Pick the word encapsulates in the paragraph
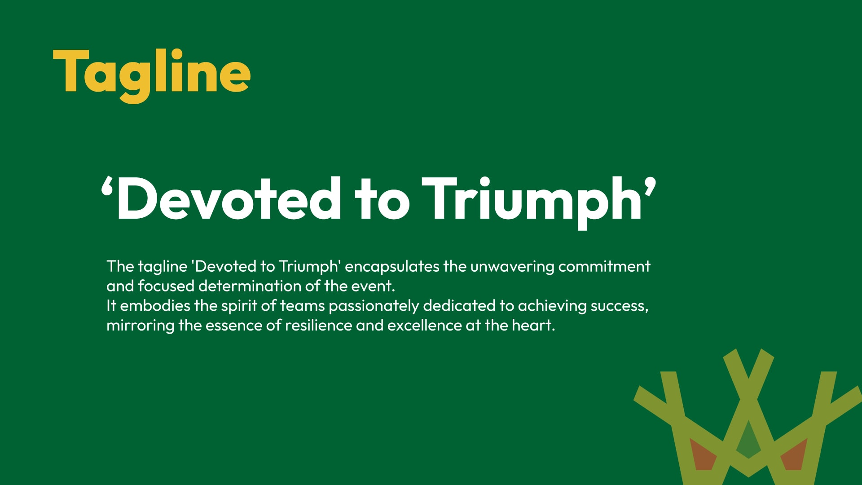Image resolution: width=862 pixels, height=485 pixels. (x=392, y=267)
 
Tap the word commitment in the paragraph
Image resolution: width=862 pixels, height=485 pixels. (x=604, y=266)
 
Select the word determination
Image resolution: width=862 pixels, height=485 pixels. (x=250, y=286)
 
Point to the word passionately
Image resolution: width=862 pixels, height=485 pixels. (x=374, y=306)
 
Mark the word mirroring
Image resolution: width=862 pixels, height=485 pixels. (x=140, y=326)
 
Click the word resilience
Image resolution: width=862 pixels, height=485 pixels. (x=318, y=326)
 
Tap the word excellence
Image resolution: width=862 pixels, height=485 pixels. (x=424, y=326)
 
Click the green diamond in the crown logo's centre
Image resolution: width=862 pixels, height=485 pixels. (x=748, y=440)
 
